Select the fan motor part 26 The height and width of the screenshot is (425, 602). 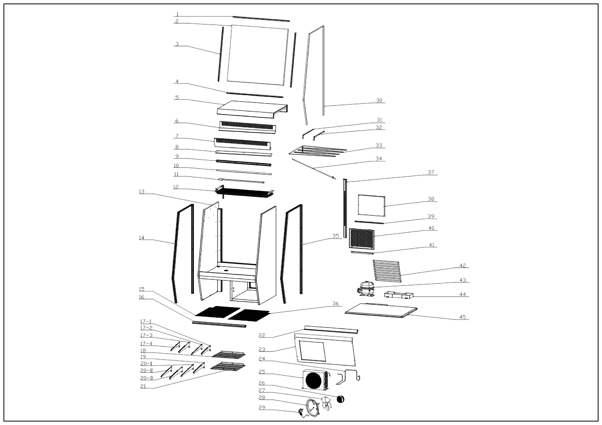[x=340, y=399]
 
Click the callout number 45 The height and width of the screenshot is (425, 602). [x=463, y=317]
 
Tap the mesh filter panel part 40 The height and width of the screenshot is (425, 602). [x=361, y=239]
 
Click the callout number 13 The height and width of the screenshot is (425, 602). [x=141, y=192]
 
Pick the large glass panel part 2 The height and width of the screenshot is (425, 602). [x=258, y=55]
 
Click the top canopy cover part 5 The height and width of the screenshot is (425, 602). [x=252, y=109]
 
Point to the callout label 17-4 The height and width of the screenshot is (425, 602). [x=146, y=343]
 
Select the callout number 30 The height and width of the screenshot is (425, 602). [x=379, y=100]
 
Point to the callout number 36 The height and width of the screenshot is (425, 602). [x=336, y=304]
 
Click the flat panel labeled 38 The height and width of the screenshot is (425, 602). [x=371, y=205]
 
